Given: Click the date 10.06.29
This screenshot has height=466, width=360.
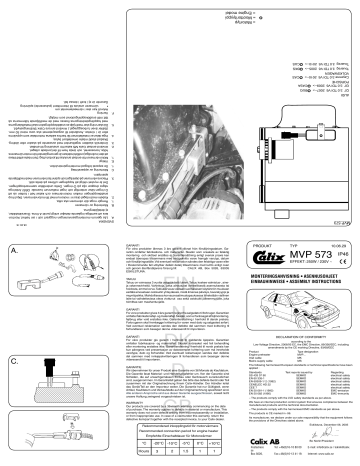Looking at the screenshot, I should click(335, 241).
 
